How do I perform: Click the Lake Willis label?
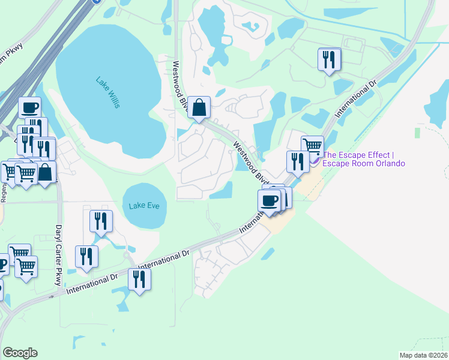click(x=107, y=92)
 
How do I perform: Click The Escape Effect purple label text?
click(x=363, y=158)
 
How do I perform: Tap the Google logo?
click(x=20, y=353)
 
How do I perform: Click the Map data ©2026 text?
click(x=423, y=355)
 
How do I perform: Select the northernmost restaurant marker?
click(x=329, y=60)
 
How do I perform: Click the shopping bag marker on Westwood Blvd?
click(x=199, y=109)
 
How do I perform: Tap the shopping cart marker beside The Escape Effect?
click(x=312, y=146)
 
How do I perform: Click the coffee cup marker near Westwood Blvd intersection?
click(x=270, y=200)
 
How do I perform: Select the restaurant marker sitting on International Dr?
click(x=139, y=280)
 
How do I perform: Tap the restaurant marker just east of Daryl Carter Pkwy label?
click(x=86, y=257)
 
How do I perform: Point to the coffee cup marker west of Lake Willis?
click(x=29, y=108)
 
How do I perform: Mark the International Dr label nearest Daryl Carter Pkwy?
click(x=92, y=283)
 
